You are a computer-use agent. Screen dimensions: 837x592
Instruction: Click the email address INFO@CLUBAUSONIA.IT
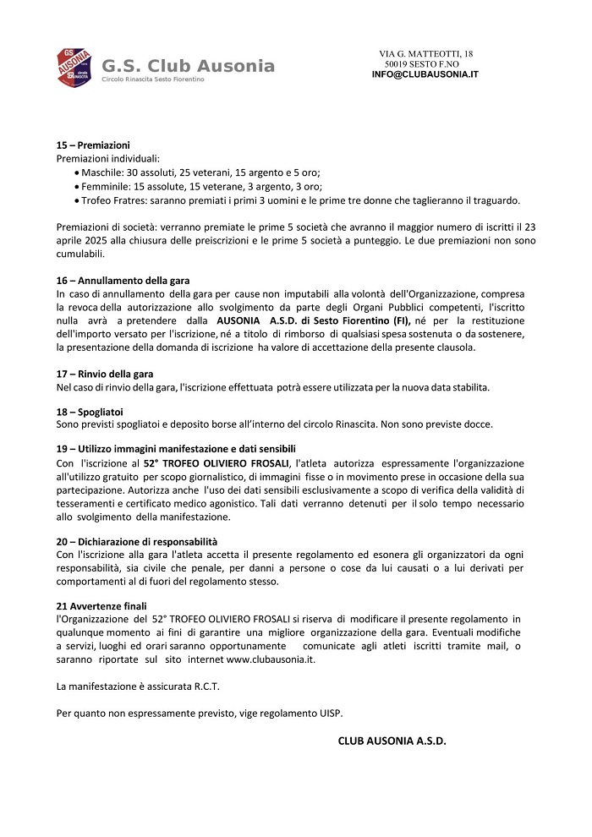click(x=425, y=74)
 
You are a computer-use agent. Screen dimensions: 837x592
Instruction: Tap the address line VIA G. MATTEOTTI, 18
click(x=425, y=54)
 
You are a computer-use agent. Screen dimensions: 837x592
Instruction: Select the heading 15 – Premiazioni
click(x=92, y=145)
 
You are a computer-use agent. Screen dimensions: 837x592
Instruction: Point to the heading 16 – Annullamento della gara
click(x=123, y=280)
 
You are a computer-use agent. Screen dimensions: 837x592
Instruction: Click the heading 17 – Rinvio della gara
click(x=104, y=374)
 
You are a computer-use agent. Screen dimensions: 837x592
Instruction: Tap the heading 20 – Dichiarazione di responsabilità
click(x=137, y=541)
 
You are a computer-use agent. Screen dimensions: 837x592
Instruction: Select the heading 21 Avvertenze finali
click(x=101, y=606)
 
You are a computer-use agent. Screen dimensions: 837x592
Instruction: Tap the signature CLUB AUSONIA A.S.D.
click(x=392, y=741)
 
